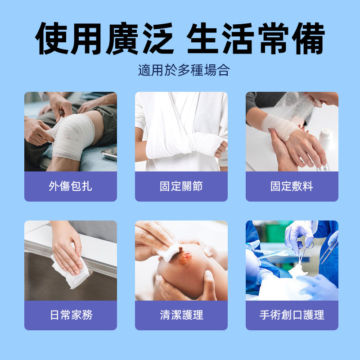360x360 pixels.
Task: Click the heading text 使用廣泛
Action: coord(104,38)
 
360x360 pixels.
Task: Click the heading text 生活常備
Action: coord(255,38)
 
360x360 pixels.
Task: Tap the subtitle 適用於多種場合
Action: coord(184,71)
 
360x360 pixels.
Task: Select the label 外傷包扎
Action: coord(70,186)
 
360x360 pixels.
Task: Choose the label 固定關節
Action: coord(181,186)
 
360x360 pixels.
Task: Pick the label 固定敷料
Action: coord(292,186)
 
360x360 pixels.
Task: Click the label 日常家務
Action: coord(70,315)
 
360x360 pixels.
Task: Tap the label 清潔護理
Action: coord(181,315)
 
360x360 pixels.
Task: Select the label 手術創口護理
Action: coord(292,315)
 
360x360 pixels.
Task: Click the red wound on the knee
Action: coord(184,258)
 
